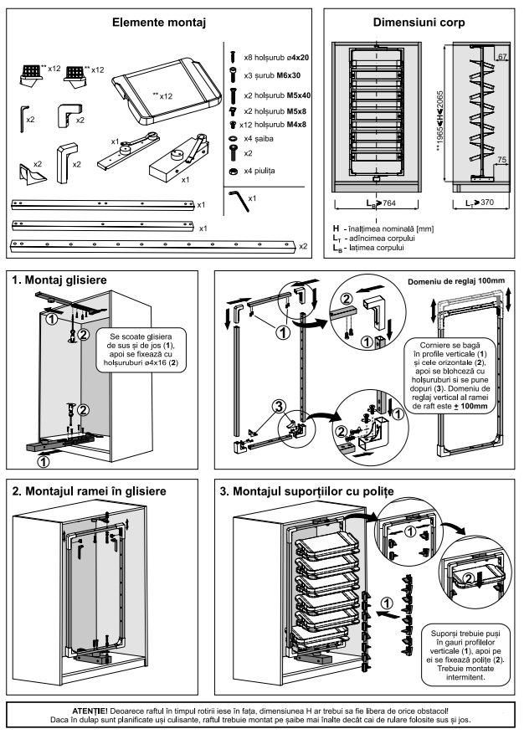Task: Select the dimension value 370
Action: pyautogui.click(x=487, y=203)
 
